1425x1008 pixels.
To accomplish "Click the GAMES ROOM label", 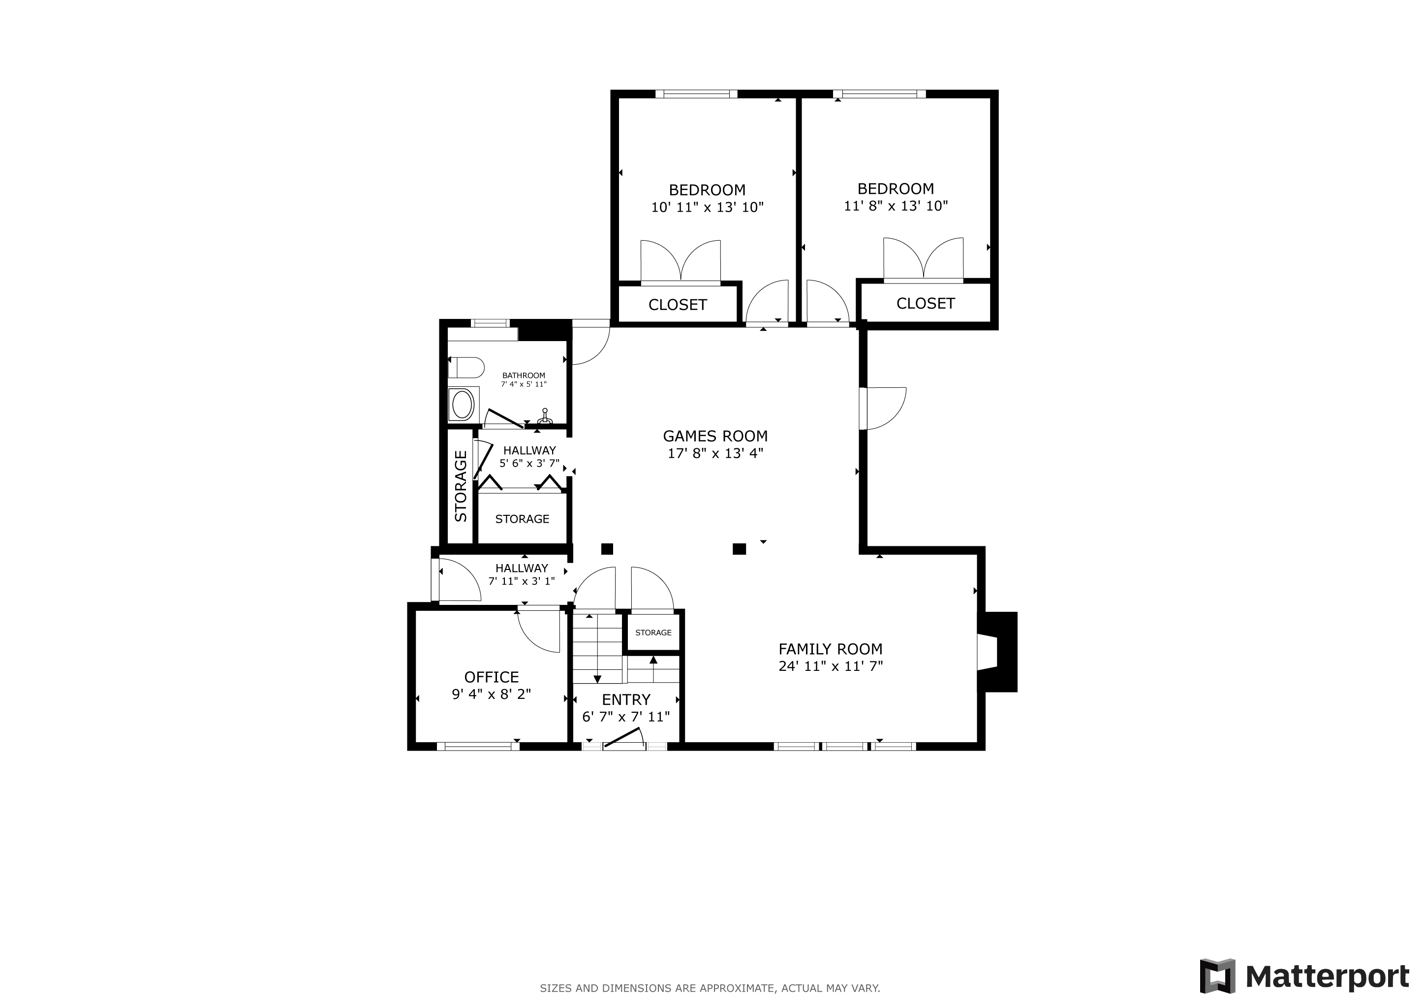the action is [x=715, y=437].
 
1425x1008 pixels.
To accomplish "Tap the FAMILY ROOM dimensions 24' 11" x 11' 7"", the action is [x=831, y=666].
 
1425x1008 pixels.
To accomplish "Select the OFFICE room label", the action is [x=492, y=677].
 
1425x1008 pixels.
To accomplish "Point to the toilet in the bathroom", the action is [x=465, y=368].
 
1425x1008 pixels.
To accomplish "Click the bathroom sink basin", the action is [x=463, y=405].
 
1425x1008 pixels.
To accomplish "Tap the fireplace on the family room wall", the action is [x=997, y=652].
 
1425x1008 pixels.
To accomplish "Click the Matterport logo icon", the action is [x=1218, y=976].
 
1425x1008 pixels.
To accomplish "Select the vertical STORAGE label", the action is [x=461, y=486].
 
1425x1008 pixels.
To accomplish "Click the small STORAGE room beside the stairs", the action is [x=653, y=632].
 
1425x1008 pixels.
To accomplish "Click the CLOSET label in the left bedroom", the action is [x=678, y=305].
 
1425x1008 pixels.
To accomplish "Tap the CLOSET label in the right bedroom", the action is [x=926, y=304].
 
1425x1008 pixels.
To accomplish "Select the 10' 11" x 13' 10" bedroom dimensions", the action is [x=707, y=207].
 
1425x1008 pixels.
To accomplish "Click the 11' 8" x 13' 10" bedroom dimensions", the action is [x=896, y=206].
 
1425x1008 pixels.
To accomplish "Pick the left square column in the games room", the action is [x=607, y=549].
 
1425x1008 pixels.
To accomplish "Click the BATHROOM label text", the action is [x=524, y=376].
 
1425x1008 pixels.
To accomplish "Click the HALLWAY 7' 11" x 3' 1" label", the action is [x=522, y=575].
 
